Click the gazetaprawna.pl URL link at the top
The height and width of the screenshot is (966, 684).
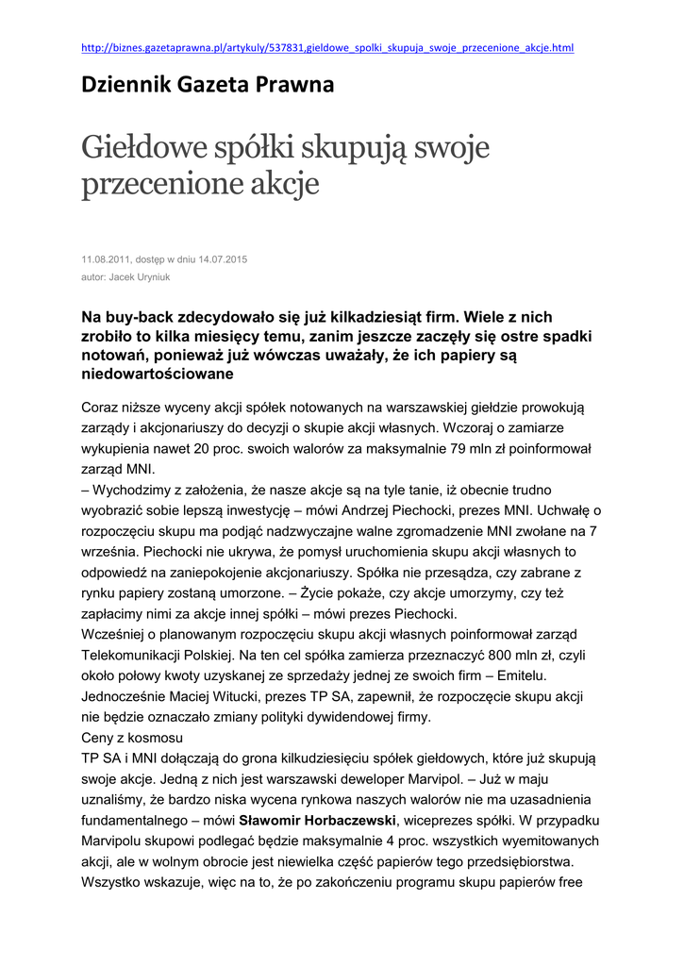(x=327, y=47)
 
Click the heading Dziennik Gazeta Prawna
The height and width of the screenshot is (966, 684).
(x=209, y=86)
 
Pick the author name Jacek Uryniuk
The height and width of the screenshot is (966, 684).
(x=141, y=277)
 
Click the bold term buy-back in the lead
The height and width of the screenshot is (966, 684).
(x=137, y=317)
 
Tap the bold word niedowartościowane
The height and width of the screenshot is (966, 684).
(x=158, y=375)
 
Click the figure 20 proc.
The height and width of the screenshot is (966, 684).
(x=230, y=448)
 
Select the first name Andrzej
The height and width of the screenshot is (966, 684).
(x=354, y=510)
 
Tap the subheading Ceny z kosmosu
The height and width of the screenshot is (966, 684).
(x=133, y=737)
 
